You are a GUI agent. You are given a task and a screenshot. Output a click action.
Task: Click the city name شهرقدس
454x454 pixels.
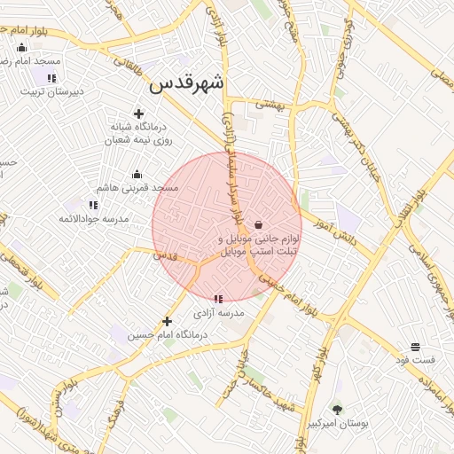coord(188,83)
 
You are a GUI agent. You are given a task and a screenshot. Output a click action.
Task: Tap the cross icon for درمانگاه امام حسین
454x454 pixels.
coord(167,321)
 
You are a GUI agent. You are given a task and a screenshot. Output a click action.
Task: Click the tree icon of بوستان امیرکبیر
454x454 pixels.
coord(337,409)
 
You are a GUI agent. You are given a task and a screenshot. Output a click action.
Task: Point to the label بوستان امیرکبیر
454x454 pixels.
coord(338,424)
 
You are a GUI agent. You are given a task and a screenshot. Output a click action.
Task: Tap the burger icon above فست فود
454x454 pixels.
coord(415,346)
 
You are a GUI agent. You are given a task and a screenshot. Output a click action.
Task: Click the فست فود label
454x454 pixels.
coord(415,360)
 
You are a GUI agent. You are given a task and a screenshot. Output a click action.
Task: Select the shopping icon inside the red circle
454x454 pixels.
coord(258,225)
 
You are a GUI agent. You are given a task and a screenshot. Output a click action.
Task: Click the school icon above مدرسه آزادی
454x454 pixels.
coord(219,299)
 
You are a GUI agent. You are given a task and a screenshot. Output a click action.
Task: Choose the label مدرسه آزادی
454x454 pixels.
coord(219,313)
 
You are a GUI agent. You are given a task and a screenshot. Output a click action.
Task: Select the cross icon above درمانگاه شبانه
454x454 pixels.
coord(138,113)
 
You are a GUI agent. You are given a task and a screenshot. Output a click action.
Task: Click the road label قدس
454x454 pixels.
coord(167,254)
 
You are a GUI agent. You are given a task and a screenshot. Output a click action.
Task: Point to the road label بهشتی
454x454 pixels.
coord(272,104)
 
